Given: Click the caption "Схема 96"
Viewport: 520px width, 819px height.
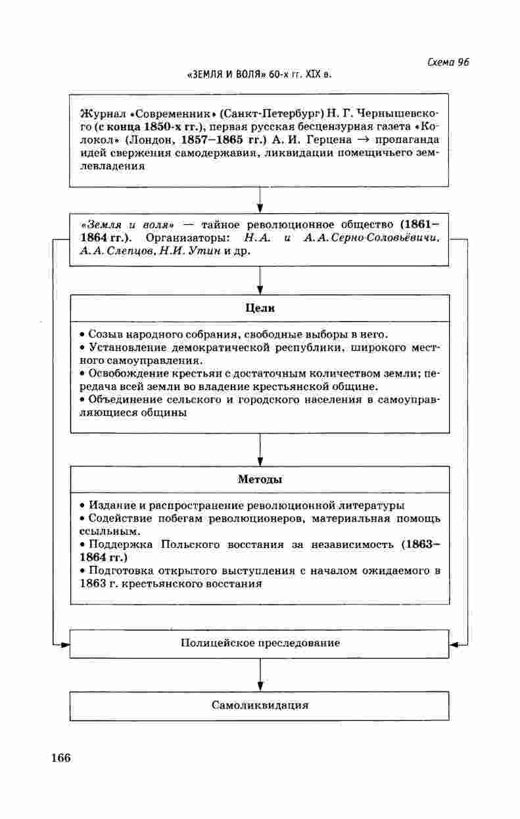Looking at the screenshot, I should [448, 62].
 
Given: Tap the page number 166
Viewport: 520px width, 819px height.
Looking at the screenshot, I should [60, 757].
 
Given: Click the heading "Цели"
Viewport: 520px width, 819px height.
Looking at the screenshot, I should [260, 308].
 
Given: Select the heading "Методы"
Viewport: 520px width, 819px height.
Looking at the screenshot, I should [260, 480].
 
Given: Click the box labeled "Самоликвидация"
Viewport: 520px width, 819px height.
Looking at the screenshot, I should [260, 705].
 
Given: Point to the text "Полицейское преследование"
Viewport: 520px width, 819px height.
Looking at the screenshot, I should [260, 643].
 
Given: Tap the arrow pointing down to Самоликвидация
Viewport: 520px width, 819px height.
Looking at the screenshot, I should [260, 675].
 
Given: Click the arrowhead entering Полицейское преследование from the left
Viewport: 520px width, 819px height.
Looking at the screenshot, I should [65, 644].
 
